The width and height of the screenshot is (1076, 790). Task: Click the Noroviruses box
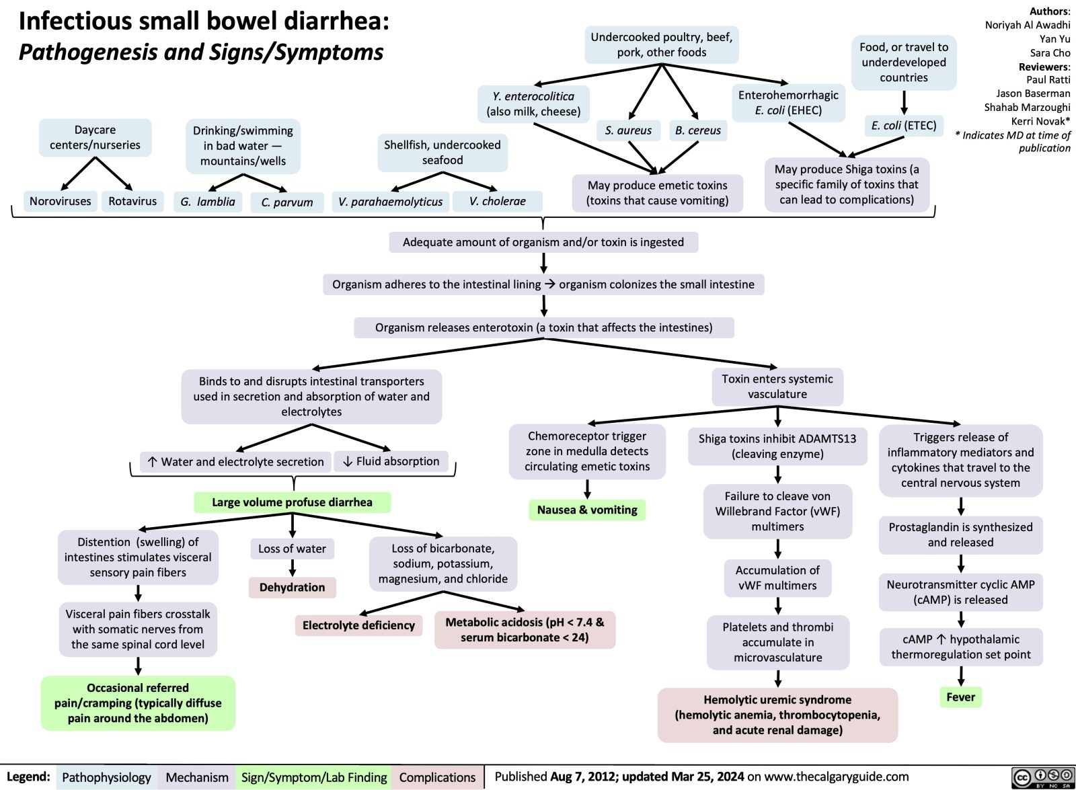60,201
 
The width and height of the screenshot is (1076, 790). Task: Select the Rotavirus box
132,201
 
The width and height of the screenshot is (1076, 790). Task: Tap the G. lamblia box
208,202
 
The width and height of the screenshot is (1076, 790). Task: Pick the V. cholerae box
498,201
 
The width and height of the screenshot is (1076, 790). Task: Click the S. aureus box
628,130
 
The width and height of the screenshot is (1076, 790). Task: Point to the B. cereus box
698,130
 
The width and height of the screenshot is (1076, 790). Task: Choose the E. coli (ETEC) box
904,126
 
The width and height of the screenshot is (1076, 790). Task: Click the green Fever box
960,697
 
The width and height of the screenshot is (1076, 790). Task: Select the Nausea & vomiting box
587,510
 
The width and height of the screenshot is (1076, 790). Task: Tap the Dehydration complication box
292,588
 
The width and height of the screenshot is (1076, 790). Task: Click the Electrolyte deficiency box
358,625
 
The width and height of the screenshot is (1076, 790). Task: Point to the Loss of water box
292,549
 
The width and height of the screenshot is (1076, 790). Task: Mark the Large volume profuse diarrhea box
292,502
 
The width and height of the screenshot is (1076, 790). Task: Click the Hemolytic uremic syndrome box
777,715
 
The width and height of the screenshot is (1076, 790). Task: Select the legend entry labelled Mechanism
197,777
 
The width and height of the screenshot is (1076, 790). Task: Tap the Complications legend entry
437,777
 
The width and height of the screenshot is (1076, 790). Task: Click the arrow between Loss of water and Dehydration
292,568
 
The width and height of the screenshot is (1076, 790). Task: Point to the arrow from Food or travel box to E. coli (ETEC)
904,102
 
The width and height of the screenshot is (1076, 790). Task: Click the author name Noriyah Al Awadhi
1027,25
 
